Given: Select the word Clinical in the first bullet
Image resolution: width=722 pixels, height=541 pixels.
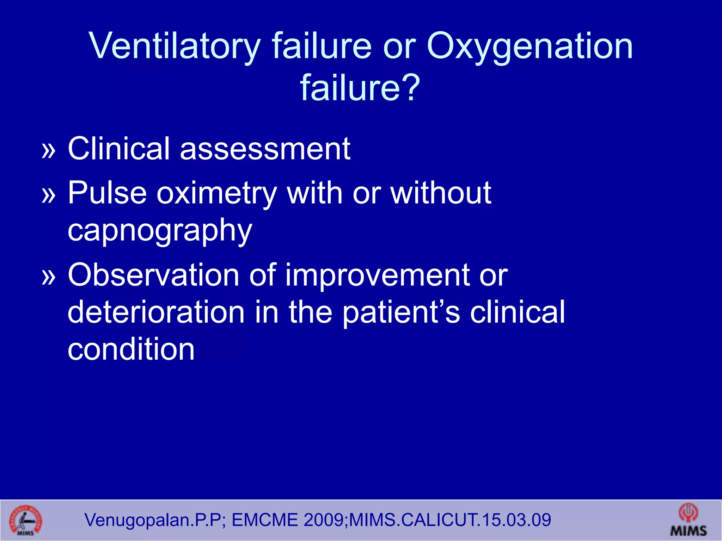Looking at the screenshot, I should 119,149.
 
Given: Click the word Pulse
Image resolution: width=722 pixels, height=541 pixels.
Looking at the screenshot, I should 107,193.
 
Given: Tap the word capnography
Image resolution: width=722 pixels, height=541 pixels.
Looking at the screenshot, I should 160,231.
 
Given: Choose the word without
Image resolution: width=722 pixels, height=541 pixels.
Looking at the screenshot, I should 441,193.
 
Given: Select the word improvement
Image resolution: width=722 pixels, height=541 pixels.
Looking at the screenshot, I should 377,275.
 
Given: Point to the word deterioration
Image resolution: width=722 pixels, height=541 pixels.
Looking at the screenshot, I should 156,312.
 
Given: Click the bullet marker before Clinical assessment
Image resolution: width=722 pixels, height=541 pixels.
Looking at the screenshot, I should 49,151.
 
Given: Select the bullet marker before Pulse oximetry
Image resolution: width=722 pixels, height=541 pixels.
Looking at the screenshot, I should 49,195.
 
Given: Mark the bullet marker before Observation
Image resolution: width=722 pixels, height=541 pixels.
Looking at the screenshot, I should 49,277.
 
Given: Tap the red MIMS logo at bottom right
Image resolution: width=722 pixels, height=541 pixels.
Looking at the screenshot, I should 688,520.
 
